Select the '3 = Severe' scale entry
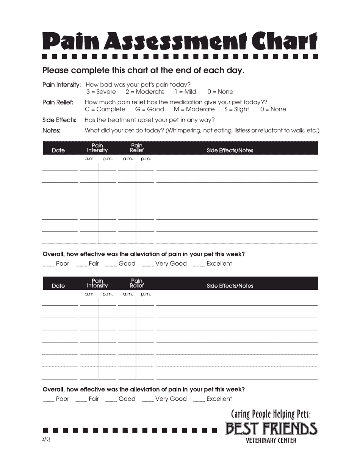click(x=101, y=92)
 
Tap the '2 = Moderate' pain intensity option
click(x=145, y=92)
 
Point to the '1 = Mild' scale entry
click(x=185, y=92)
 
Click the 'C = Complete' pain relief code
click(x=105, y=109)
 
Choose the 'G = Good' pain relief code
click(x=150, y=109)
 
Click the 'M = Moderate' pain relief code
click(x=194, y=109)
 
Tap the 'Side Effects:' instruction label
click(x=59, y=120)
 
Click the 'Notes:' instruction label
click(x=51, y=131)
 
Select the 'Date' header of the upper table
click(x=58, y=150)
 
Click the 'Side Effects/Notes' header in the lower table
click(x=230, y=286)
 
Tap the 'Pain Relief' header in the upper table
click(x=137, y=148)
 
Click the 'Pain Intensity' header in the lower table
click(x=97, y=283)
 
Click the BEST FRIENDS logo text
click(x=271, y=429)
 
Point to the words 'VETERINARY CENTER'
click(x=271, y=441)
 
